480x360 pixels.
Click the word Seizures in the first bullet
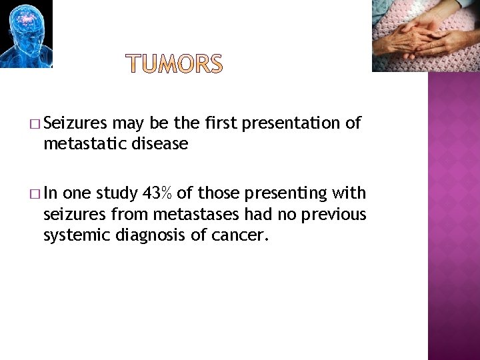click(x=77, y=123)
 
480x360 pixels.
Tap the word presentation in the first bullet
click(x=297, y=123)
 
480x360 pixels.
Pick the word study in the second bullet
click(x=117, y=194)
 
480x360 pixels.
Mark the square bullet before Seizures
click(x=35, y=124)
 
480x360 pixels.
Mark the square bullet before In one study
click(x=35, y=194)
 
